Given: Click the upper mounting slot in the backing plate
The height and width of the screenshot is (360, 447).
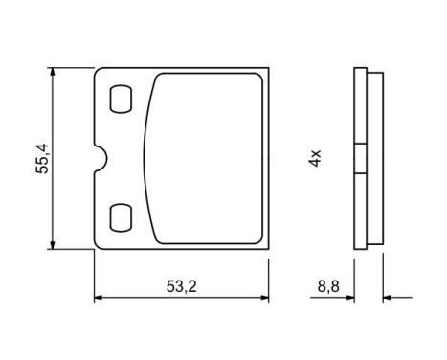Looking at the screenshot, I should pos(123,99).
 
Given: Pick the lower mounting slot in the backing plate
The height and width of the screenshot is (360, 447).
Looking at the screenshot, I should pos(123,216).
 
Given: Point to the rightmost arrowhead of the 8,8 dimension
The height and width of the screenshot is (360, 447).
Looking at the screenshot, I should pos(387,299).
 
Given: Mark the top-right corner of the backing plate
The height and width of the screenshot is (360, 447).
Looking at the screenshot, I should pos(268,68).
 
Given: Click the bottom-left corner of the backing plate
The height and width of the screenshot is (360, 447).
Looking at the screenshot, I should pos(95,248).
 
